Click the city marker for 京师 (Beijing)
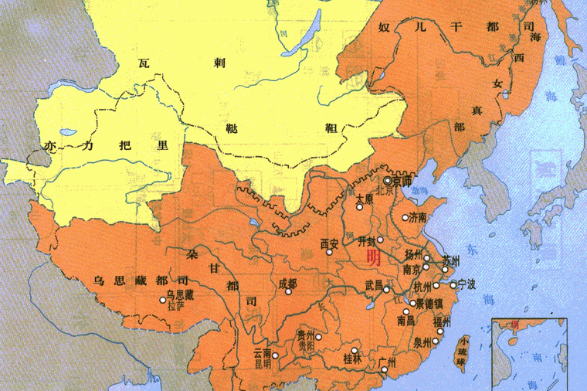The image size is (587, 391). click(388, 181)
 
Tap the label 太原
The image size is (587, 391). click(365, 199)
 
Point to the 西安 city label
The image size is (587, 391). click(330, 244)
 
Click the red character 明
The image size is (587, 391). click(373, 257)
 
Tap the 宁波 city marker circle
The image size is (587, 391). click(453, 285)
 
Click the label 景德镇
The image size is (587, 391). click(429, 303)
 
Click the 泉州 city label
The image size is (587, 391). click(421, 339)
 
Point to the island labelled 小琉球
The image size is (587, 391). click(463, 351)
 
